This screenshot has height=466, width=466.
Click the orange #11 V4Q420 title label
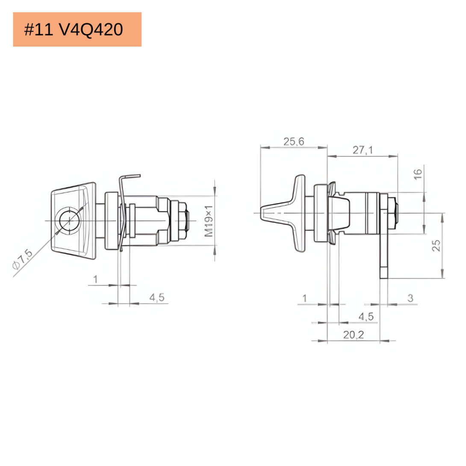[x=77, y=29]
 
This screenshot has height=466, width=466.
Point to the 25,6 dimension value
[x=294, y=142]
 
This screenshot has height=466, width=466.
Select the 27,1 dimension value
[x=363, y=150]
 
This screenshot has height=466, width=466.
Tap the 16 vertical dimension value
[x=418, y=174]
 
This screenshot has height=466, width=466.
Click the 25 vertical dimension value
[x=436, y=245]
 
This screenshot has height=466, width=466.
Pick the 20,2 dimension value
[x=354, y=335]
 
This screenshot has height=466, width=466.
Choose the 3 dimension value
[x=410, y=298]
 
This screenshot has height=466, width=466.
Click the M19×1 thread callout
[x=209, y=221]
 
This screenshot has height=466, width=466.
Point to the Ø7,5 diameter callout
[x=23, y=259]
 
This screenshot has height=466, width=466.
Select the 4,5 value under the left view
[x=157, y=297]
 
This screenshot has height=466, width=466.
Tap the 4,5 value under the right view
[x=366, y=316]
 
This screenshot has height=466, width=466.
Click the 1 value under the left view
[x=95, y=279]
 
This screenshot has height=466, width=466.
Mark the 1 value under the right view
[x=305, y=298]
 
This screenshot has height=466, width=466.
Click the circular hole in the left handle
[x=70, y=221]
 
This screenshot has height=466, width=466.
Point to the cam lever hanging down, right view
[x=384, y=236]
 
